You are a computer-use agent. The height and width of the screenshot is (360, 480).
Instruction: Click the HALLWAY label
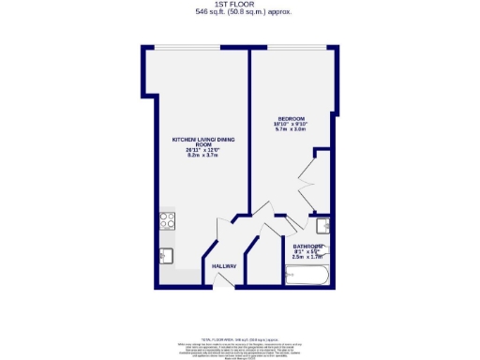tap(223, 265)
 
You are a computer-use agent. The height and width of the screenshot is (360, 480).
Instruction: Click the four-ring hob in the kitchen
tap(168, 222)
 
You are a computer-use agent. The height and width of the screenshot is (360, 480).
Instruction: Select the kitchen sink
tap(167, 254)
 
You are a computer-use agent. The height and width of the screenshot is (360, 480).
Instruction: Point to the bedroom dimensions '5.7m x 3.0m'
tap(291, 129)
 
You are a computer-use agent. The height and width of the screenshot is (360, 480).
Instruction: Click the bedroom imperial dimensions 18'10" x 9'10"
tap(291, 123)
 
